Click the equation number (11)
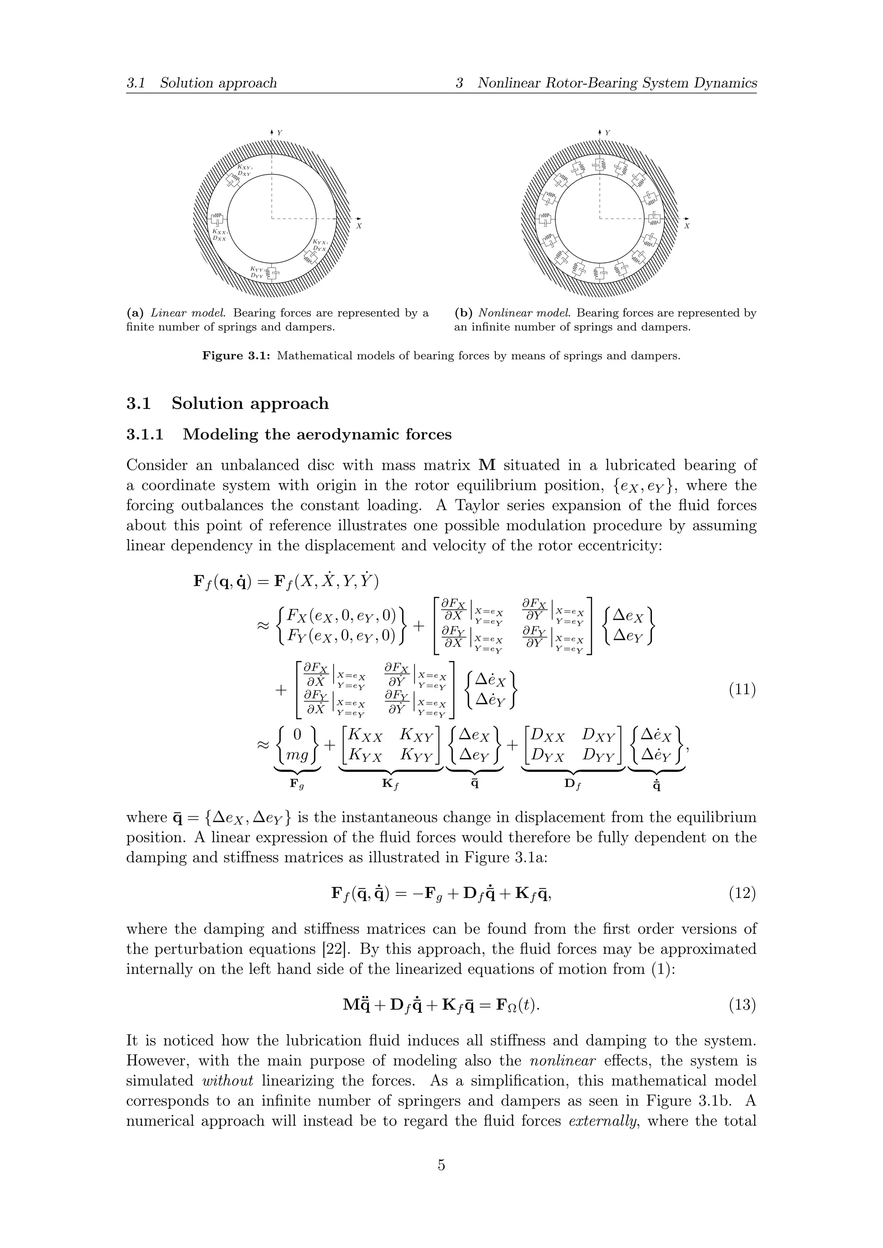tap(742, 691)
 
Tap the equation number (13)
tap(742, 1005)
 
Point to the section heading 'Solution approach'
tap(250, 403)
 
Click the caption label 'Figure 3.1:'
tap(237, 356)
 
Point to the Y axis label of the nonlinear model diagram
tap(607, 133)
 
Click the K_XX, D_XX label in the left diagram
tap(219, 235)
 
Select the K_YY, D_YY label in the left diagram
tap(257, 272)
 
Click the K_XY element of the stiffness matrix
tap(416, 736)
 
